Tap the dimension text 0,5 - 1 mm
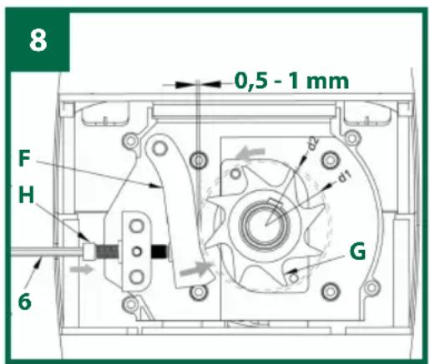pos(291,82)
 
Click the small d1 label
pos(344,176)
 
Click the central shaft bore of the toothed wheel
pos(266,223)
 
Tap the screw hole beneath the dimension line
pos(197,158)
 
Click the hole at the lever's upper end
pos(156,149)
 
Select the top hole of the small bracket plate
pos(136,224)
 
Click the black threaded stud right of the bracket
pos(159,249)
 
